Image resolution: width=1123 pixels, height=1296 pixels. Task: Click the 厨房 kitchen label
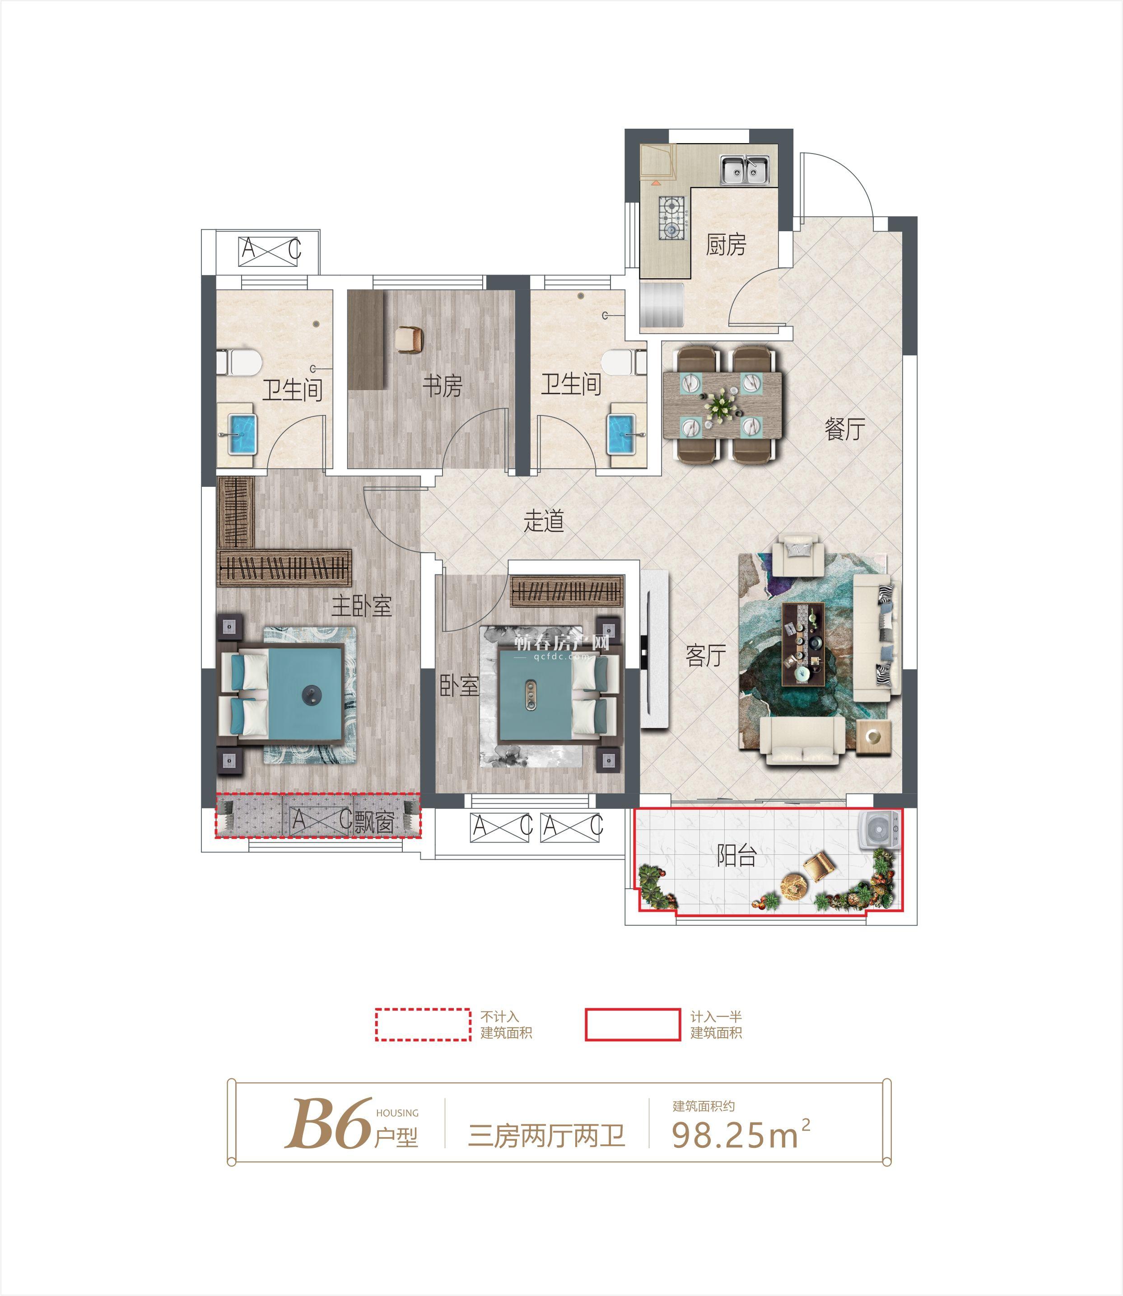(727, 244)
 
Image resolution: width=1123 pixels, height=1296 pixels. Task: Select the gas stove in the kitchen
(673, 218)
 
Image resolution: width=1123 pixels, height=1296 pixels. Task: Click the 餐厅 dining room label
(845, 429)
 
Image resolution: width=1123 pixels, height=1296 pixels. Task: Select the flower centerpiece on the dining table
(722, 404)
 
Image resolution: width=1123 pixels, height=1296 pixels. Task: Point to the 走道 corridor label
(544, 521)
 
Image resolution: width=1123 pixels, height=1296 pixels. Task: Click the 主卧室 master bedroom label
(362, 606)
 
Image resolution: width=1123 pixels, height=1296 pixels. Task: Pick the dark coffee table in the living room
(803, 644)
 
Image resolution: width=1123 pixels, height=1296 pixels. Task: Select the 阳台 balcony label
(736, 856)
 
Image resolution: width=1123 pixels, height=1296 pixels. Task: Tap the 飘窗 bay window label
(374, 823)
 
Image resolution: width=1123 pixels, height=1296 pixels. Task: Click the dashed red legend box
(423, 1025)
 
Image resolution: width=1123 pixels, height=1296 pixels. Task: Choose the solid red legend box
(633, 1025)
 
